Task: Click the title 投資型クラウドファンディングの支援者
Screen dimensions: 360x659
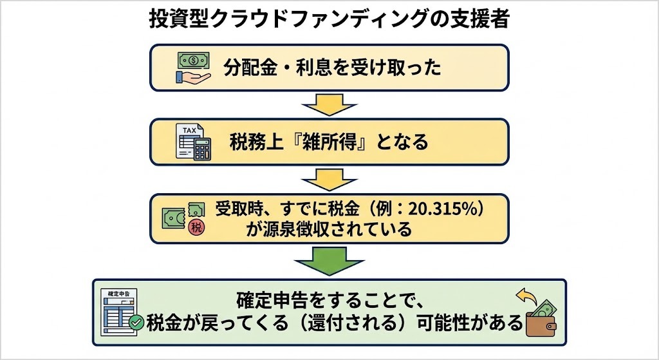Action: [329, 19]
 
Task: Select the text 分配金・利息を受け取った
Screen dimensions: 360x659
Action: [333, 68]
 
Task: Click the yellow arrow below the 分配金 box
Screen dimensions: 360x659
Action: [329, 104]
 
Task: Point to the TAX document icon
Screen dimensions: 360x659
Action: [188, 140]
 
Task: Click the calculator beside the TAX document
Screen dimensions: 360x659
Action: [203, 149]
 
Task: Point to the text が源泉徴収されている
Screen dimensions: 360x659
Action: [329, 229]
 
